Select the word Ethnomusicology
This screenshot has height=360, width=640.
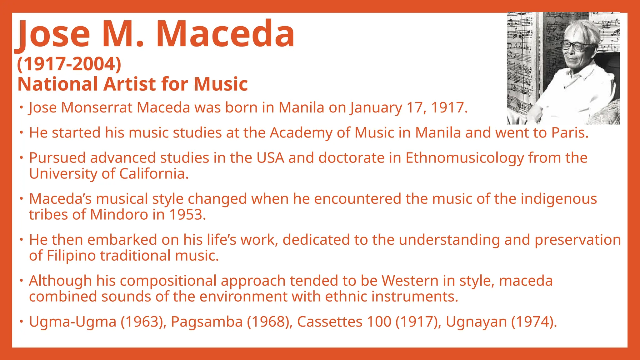pyautogui.click(x=465, y=158)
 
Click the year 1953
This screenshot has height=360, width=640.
pyautogui.click(x=187, y=215)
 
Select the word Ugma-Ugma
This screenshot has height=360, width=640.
pyautogui.click(x=72, y=322)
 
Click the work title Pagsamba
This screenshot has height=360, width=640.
pyautogui.click(x=207, y=322)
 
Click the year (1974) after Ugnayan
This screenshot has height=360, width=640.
pyautogui.click(x=534, y=322)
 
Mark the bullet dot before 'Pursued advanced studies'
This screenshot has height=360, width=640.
pyautogui.click(x=21, y=157)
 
